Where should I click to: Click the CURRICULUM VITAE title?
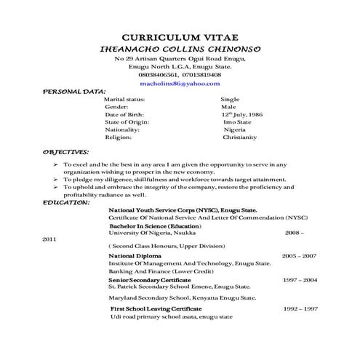[180, 37]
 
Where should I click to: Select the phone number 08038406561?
[157, 75]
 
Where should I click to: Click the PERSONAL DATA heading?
[75, 92]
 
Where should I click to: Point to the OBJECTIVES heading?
[66, 153]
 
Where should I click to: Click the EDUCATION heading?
[66, 202]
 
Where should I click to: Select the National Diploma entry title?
[137, 256]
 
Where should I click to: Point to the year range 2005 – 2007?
[299, 256]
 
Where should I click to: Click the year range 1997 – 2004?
[300, 279]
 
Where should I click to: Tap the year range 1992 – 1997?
[300, 309]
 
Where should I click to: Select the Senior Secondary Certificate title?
[150, 279]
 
